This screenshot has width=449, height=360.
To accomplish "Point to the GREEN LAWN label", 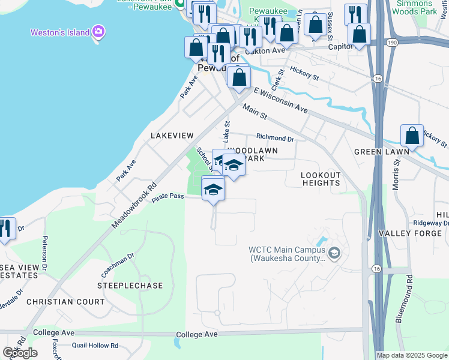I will [381, 152].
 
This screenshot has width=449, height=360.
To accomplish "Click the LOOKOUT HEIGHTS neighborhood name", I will [321, 179].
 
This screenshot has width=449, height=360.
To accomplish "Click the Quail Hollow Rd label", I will [95, 346].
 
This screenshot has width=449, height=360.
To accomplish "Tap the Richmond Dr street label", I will [275, 139].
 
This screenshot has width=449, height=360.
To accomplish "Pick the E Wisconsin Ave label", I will [280, 100].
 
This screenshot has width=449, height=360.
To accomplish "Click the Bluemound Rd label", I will [404, 299].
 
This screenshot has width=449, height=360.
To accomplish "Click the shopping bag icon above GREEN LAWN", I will [412, 136].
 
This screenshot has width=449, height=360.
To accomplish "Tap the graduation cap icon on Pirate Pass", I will [212, 190].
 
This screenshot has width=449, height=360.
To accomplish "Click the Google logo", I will [19, 352].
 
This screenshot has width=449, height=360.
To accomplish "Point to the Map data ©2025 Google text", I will [412, 355].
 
